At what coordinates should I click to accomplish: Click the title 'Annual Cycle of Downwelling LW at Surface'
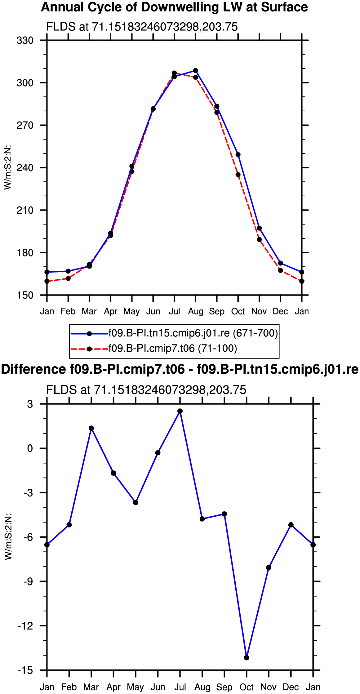click(174, 7)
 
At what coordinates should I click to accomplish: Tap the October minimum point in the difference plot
click(247, 658)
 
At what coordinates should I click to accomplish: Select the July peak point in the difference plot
click(180, 411)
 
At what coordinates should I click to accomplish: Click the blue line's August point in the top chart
click(196, 71)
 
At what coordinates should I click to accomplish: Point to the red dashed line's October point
click(238, 175)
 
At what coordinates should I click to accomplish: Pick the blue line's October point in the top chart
click(238, 155)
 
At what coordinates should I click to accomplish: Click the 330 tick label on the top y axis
click(25, 40)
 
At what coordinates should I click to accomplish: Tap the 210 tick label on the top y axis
click(25, 210)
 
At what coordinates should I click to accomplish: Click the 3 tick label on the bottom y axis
click(30, 404)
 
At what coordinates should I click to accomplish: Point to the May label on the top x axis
click(131, 311)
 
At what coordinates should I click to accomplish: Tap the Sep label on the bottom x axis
click(224, 687)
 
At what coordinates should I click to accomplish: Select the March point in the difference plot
click(91, 428)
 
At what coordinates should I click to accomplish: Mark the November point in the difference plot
click(269, 567)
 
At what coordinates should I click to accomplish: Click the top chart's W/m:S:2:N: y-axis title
click(7, 167)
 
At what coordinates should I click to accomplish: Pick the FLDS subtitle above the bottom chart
click(146, 390)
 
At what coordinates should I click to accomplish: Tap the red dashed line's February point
click(68, 278)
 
